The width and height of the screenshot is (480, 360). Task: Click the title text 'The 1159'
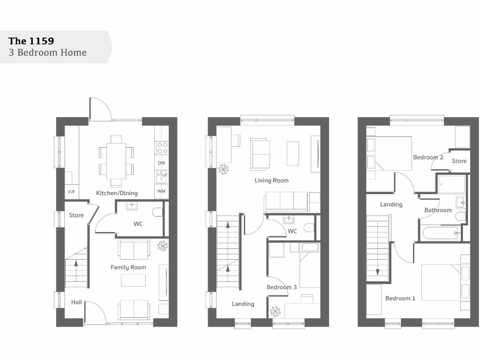pyautogui.click(x=31, y=40)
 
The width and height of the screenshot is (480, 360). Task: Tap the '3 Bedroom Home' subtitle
pyautogui.click(x=47, y=52)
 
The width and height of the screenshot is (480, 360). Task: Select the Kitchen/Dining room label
pyautogui.click(x=117, y=193)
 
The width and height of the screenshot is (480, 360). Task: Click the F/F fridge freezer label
pyautogui.click(x=72, y=192)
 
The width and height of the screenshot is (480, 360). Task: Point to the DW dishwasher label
pyautogui.click(x=161, y=163)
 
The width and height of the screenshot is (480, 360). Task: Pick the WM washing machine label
pyautogui.click(x=161, y=192)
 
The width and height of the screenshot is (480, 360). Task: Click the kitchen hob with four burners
pyautogui.click(x=162, y=148)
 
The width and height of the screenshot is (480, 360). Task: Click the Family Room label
pyautogui.click(x=128, y=267)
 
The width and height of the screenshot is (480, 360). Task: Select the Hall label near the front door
pyautogui.click(x=76, y=302)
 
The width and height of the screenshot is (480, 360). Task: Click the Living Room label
pyautogui.click(x=271, y=180)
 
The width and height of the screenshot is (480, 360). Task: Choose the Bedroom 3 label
pyautogui.click(x=281, y=287)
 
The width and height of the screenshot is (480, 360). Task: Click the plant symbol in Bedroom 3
pyautogui.click(x=275, y=310)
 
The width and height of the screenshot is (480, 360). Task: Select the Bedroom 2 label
pyautogui.click(x=428, y=157)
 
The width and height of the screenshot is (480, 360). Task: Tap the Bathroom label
pyautogui.click(x=438, y=210)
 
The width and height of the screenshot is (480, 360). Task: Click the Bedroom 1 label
pyautogui.click(x=400, y=298)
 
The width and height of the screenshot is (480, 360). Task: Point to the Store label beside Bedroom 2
pyautogui.click(x=459, y=161)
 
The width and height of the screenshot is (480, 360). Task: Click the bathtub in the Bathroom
pyautogui.click(x=439, y=233)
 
